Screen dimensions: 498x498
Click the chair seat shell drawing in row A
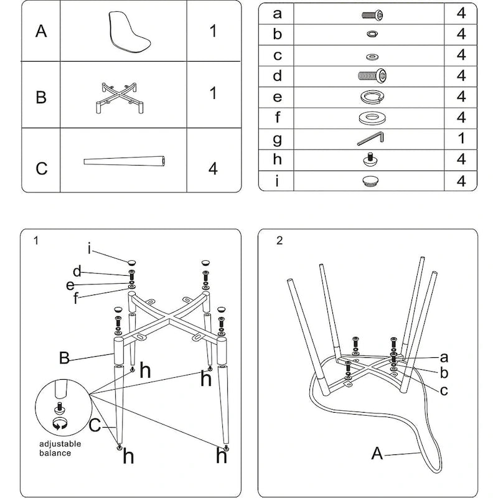click(129, 32)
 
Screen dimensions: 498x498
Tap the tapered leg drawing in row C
click(125, 162)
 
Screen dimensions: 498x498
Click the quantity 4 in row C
click(213, 168)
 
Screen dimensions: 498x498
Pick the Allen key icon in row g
click(372, 139)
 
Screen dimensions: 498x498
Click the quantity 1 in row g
click(461, 138)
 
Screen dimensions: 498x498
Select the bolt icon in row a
click(372, 14)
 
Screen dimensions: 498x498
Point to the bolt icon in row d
click(372, 76)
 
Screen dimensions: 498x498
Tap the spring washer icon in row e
click(372, 97)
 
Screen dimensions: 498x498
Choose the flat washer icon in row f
click(372, 118)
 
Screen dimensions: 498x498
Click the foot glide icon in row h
click(372, 159)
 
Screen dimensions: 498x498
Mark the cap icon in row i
click(372, 181)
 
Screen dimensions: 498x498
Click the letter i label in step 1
click(90, 249)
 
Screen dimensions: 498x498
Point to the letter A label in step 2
click(377, 453)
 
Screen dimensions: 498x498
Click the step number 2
click(280, 242)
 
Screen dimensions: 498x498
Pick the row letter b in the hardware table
click(277, 34)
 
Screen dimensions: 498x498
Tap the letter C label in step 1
click(95, 426)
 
